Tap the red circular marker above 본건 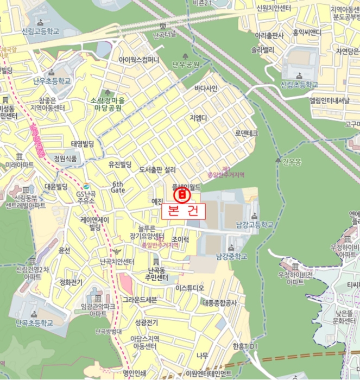pyautogui.click(x=182, y=194)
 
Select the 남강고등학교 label pyautogui.click(x=253, y=225)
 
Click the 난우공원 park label pyautogui.click(x=186, y=65)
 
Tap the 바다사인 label pyautogui.click(x=206, y=88)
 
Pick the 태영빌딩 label pyautogui.click(x=83, y=143)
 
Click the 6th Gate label pyautogui.click(x=118, y=187)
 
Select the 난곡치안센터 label pyautogui.click(x=117, y=262)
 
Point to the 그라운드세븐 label pyautogui.click(x=139, y=299)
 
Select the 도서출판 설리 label pyautogui.click(x=157, y=170)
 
